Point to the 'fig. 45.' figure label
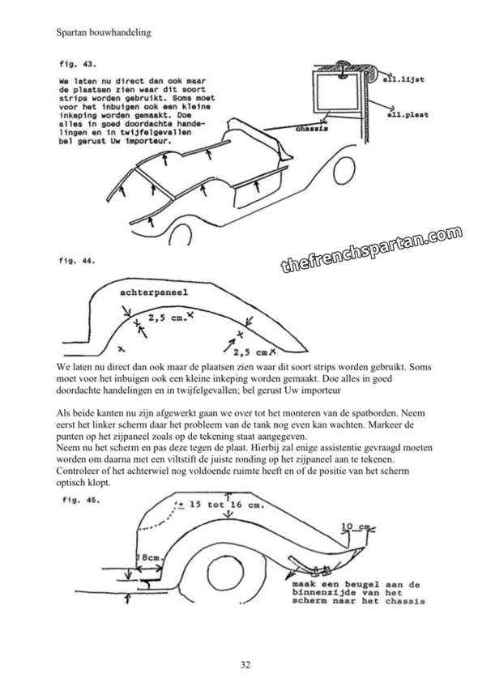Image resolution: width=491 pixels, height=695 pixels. coord(80,501)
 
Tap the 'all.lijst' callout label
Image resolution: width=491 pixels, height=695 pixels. coord(410,79)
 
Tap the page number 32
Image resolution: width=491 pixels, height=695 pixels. coord(245,665)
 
